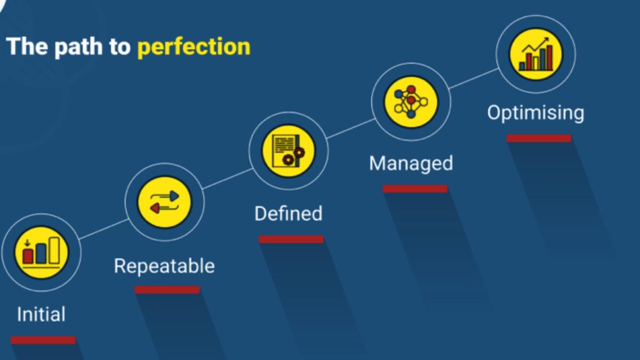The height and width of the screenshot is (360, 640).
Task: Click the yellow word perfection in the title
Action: [x=194, y=47]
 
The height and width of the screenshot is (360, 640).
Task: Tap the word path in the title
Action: [x=78, y=47]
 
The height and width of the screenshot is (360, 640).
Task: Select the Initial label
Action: [x=41, y=314]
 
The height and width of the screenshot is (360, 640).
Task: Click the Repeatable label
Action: [x=164, y=266]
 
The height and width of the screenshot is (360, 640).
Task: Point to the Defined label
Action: [x=289, y=213]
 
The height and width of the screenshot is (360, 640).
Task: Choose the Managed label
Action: [x=411, y=163]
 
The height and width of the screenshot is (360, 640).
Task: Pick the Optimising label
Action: [x=535, y=113]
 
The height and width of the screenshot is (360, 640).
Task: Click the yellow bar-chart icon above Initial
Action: [x=42, y=253]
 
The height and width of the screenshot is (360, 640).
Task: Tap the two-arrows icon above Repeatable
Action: [x=165, y=202]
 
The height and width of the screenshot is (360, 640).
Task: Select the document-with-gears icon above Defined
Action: [x=289, y=151]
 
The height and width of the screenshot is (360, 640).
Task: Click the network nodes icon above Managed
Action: [x=411, y=102]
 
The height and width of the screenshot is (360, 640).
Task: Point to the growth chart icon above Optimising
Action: [x=535, y=54]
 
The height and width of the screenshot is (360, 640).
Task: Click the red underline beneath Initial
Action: [x=43, y=340]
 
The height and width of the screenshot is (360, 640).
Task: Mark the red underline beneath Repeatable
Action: [x=167, y=290]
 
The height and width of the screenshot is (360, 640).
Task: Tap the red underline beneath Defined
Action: [x=291, y=239]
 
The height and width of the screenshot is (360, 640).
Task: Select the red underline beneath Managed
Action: [x=415, y=189]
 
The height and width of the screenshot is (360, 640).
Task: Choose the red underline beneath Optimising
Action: [x=539, y=138]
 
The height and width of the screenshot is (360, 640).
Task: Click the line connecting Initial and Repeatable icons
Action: [x=103, y=229]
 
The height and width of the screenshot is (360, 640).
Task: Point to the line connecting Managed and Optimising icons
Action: [x=474, y=78]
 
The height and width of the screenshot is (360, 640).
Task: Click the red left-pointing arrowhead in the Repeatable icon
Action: [x=155, y=209]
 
